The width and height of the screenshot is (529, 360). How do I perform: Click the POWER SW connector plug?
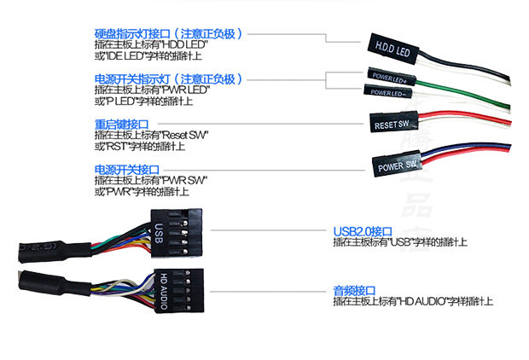[x=398, y=162]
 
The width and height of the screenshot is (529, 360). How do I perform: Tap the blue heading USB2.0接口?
[x=362, y=231]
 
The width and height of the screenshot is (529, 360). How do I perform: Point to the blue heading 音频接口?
[x=354, y=290]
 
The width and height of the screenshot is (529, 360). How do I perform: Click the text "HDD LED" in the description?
[x=186, y=44]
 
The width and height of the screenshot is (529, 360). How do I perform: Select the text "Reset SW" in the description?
[x=186, y=135]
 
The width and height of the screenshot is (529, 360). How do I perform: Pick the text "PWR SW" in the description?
[x=185, y=180]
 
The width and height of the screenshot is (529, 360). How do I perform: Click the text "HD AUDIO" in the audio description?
[x=417, y=301]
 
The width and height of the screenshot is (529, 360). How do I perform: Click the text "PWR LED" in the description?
[x=186, y=90]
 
